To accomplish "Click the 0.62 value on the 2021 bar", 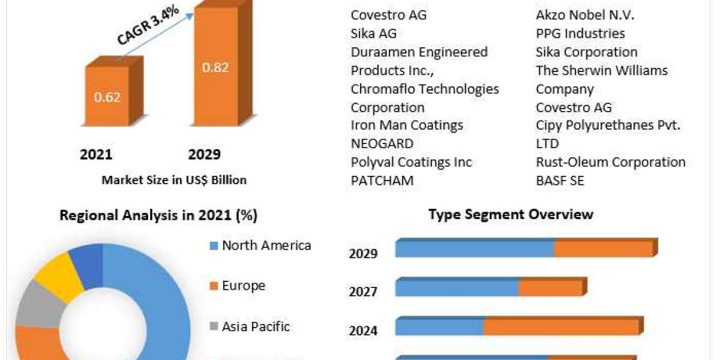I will (108, 97).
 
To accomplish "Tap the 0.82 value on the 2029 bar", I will (215, 67).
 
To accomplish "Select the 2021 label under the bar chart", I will (96, 155).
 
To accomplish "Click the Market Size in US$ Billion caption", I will (174, 179).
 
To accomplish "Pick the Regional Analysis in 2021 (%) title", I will (158, 215).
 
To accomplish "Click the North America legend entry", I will (266, 245).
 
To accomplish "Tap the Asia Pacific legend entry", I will (256, 327).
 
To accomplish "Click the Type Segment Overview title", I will (511, 214).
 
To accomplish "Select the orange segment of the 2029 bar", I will (603, 249).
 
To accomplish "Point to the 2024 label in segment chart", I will (363, 331).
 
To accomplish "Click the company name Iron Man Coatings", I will (407, 125).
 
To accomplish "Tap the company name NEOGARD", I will (382, 144).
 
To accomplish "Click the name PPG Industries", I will (580, 34).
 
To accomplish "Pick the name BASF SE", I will (560, 181).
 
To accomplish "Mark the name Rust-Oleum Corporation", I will (610, 162).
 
